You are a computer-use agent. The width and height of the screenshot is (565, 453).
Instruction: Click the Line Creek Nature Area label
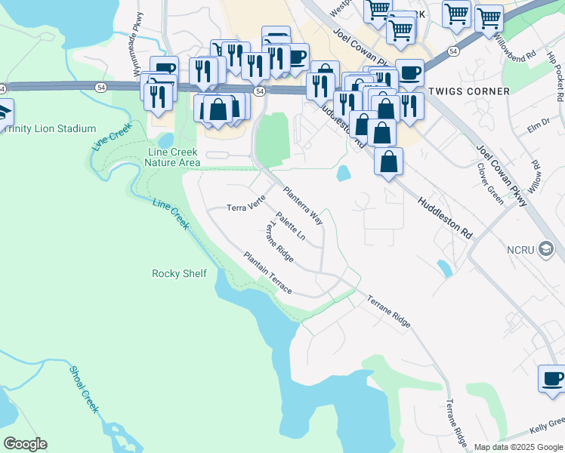172,157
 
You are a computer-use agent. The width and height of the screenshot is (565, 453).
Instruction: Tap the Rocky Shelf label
179,273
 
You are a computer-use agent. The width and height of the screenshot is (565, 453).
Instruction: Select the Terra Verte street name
246,207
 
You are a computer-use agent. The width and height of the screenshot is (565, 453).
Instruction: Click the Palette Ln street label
291,226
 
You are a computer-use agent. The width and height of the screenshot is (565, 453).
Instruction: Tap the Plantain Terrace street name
267,273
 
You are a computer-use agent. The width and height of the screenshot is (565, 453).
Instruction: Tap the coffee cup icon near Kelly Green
551,377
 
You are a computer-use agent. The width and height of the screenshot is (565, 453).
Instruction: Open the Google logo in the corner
25,444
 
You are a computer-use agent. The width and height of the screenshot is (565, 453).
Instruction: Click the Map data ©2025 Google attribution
519,447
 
